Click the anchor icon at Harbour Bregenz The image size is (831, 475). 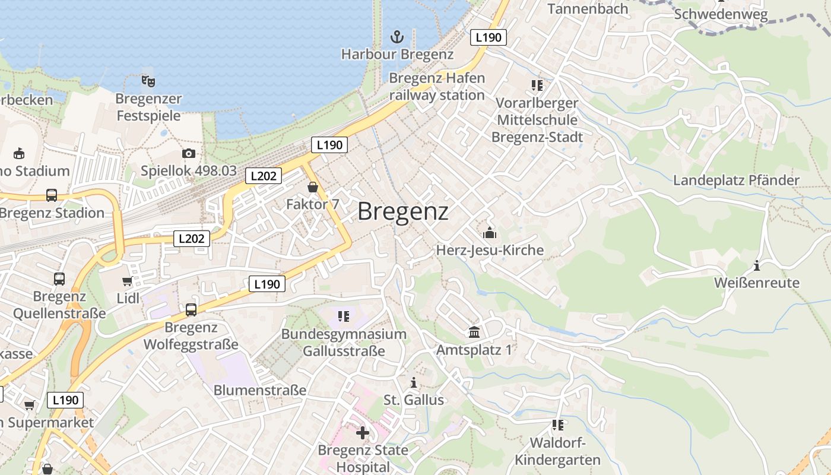click(x=397, y=37)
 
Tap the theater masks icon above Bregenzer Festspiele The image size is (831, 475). click(x=148, y=81)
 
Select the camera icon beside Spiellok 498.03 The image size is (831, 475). click(x=189, y=154)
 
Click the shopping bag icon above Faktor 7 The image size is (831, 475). click(x=313, y=188)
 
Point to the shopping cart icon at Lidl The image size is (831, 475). click(x=127, y=281)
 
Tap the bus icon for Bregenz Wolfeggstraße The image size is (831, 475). click(x=191, y=309)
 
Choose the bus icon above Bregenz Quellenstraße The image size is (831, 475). click(x=59, y=278)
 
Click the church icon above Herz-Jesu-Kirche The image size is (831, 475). click(x=490, y=232)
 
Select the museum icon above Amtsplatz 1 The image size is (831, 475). click(x=474, y=332)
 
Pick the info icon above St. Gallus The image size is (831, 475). click(x=414, y=382)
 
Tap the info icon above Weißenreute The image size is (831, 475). click(x=757, y=265)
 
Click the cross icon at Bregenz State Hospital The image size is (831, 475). click(x=363, y=432)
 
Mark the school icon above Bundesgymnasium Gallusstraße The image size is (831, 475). click(x=344, y=316)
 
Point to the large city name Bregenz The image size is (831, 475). click(x=403, y=211)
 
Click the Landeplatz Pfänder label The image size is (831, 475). click(x=736, y=180)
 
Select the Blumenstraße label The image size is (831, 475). click(x=260, y=390)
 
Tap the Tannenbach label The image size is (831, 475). click(x=588, y=9)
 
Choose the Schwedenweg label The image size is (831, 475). click(x=721, y=14)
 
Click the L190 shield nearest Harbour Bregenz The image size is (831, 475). click(x=489, y=37)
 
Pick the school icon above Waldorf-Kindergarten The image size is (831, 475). click(x=557, y=425)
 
